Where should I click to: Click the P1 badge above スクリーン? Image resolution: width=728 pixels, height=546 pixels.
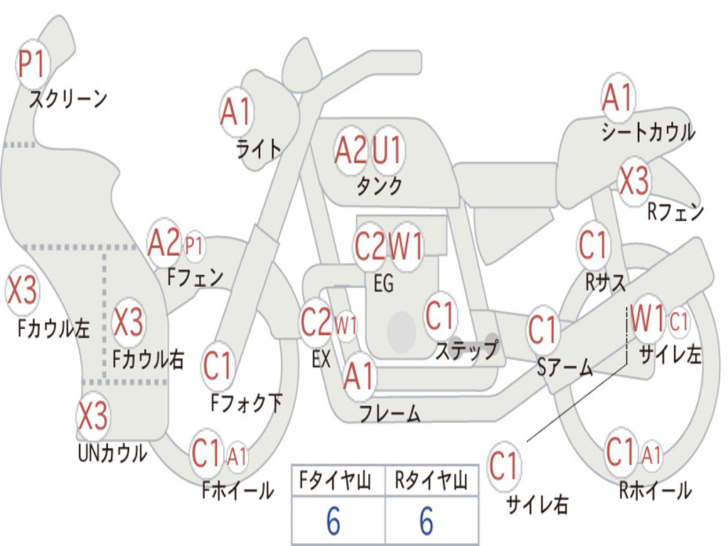click(31, 65)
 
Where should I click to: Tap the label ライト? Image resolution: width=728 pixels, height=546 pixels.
click(259, 149)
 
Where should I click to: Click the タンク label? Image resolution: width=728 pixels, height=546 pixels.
click(379, 186)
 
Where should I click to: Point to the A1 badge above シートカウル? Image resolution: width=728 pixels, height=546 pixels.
click(617, 98)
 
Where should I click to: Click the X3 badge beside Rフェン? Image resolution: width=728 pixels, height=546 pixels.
click(633, 181)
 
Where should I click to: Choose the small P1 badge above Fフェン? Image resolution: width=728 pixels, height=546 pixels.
click(193, 246)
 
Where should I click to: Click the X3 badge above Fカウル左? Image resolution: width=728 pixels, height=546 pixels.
click(21, 291)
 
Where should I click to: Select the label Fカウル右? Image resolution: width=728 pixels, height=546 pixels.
click(148, 359)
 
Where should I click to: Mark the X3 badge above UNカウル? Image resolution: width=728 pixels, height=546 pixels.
click(92, 415)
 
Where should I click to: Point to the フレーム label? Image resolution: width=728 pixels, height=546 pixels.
click(390, 413)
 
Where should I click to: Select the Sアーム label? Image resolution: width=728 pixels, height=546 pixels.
click(564, 368)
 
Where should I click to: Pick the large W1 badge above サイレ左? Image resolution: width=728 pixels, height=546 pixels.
click(648, 319)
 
